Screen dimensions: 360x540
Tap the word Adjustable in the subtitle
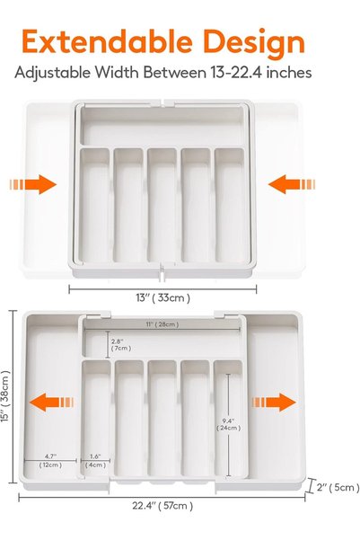click(52, 74)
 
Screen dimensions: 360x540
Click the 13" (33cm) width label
click(162, 297)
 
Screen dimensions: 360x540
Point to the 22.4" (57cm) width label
click(162, 506)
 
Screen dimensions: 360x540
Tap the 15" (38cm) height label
click(6, 396)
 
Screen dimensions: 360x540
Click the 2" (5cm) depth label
click(338, 487)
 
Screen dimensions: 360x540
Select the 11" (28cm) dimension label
click(162, 324)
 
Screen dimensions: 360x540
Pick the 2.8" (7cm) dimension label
click(121, 345)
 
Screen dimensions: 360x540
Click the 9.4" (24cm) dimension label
click(228, 424)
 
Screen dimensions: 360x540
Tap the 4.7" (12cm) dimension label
click(50, 461)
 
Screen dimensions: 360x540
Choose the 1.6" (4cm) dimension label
click(95, 461)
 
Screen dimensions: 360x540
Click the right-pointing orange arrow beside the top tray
click(32, 184)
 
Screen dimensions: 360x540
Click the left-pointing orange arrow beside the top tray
click(292, 184)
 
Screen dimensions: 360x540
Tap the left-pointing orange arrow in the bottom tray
click(52, 403)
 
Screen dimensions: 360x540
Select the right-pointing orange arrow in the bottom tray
click(274, 403)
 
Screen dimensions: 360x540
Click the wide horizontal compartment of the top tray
click(162, 126)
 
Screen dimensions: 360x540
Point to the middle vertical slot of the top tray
click(162, 205)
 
